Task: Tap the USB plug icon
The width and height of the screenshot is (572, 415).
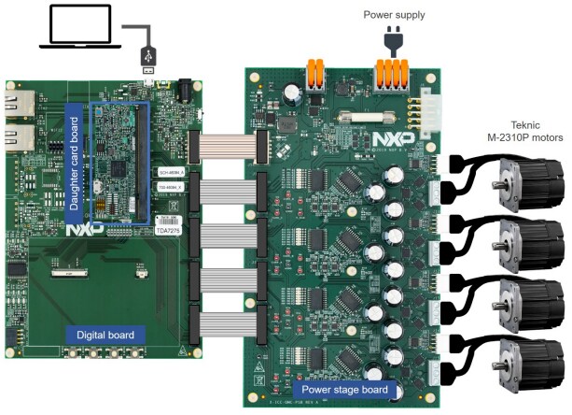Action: (148, 57)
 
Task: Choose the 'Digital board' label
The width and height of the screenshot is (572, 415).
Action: (105, 335)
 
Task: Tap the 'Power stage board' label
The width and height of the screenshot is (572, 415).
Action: (338, 388)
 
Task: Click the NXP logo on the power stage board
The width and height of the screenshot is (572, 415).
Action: (390, 139)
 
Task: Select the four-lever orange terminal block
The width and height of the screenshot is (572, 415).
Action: (392, 73)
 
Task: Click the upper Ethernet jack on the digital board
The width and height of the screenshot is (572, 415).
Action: (17, 104)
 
